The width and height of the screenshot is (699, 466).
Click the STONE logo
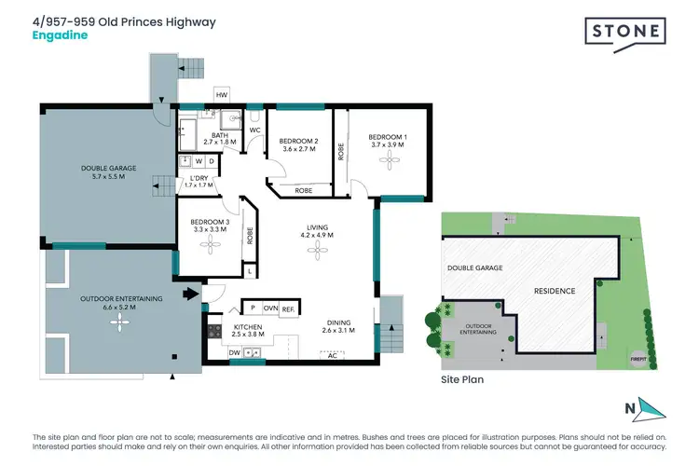click(x=624, y=33)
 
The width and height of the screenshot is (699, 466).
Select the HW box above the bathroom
click(x=222, y=94)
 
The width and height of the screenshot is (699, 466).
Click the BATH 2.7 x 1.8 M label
click(x=221, y=139)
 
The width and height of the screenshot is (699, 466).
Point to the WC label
click(x=254, y=130)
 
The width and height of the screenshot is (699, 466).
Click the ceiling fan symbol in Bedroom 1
click(x=388, y=159)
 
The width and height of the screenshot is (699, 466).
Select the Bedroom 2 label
click(x=299, y=144)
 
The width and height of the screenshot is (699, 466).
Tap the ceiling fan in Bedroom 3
click(x=211, y=244)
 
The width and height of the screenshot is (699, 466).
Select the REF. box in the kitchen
click(x=288, y=308)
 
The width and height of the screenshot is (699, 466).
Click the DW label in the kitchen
click(x=234, y=353)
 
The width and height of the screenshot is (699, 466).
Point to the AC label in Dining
click(x=331, y=355)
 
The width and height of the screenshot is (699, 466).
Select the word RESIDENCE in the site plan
click(x=554, y=291)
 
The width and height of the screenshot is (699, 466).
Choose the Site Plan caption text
click(x=461, y=380)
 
